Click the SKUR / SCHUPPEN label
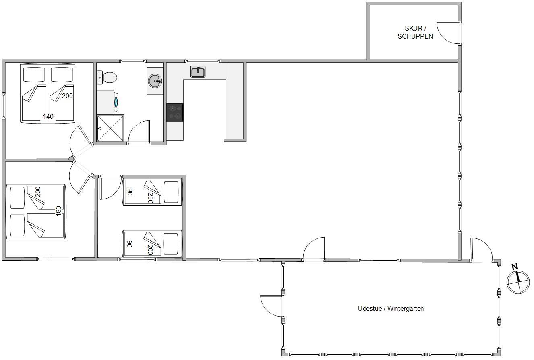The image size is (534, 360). (415, 32)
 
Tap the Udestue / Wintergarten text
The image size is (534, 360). (391, 308)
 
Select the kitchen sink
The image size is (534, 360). (198, 72)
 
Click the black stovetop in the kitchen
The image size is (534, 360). (175, 112)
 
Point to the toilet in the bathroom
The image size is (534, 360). (107, 77)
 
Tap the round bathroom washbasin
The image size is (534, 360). (155, 81)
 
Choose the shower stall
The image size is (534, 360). (110, 128)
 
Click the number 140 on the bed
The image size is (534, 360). (48, 116)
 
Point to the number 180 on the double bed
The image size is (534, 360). (58, 211)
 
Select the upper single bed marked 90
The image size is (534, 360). (152, 192)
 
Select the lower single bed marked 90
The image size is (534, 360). (152, 244)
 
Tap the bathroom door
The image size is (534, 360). (139, 132)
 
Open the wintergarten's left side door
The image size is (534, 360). (271, 306)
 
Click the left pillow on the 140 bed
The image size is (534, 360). (34, 74)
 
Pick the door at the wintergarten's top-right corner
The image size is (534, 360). (481, 250)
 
